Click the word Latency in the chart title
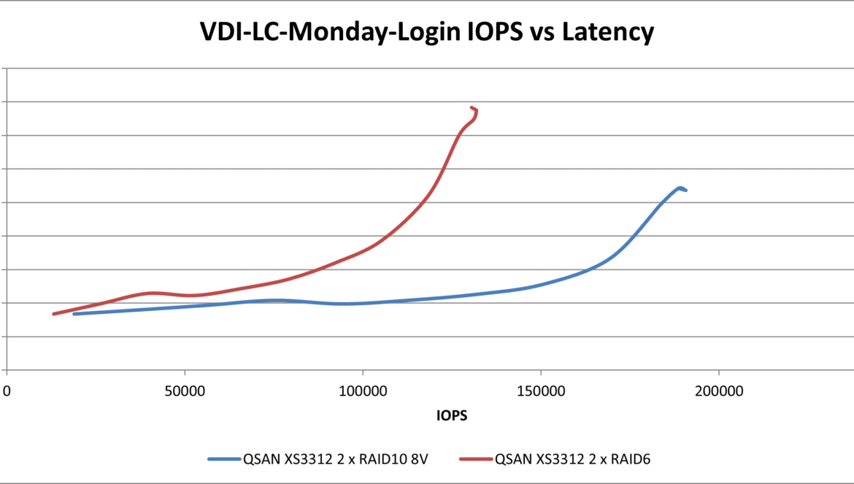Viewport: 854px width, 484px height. [x=609, y=33]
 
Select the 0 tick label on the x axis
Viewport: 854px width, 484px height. [x=7, y=391]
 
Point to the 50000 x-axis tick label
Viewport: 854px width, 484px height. [x=185, y=391]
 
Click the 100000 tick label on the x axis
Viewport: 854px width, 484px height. [x=363, y=391]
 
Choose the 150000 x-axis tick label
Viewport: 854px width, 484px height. [x=540, y=391]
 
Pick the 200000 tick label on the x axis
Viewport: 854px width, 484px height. [x=718, y=391]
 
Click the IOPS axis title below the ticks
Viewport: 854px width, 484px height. [x=452, y=416]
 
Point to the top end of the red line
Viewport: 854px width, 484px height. [x=472, y=108]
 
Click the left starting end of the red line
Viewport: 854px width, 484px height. [x=53, y=314]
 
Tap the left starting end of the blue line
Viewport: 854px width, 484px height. [x=74, y=314]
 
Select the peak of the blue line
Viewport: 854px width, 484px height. [x=680, y=188]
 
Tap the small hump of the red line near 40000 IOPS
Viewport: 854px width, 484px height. [x=153, y=293]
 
